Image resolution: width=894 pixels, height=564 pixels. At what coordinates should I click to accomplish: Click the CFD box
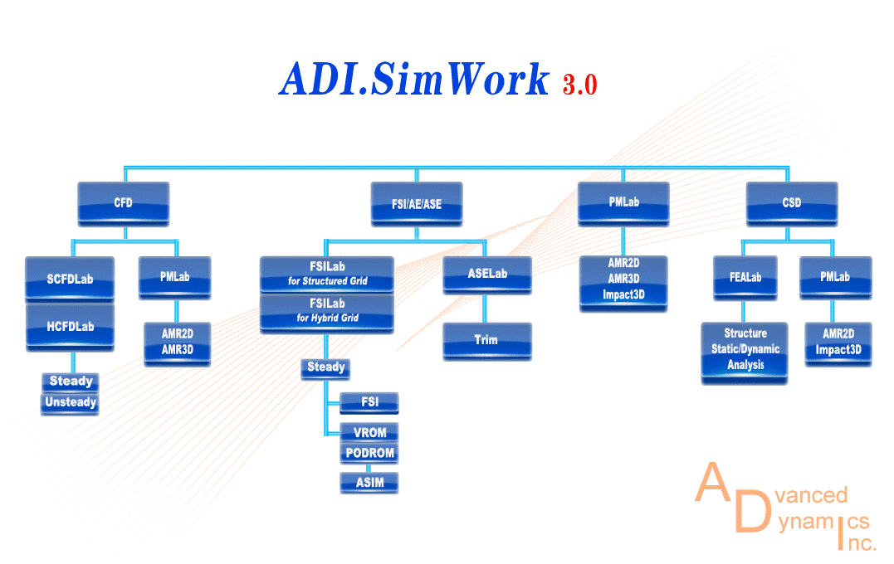[x=123, y=203]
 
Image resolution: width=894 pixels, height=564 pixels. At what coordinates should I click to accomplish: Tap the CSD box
[x=791, y=203]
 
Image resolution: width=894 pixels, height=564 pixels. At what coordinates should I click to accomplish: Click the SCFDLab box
[x=71, y=279]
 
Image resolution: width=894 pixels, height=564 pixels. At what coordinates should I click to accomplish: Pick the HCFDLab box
[x=71, y=326]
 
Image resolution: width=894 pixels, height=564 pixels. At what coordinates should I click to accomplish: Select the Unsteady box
[x=71, y=403]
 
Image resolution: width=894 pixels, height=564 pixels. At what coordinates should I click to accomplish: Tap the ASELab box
[x=486, y=275]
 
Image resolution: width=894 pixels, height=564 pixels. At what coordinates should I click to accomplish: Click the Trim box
[x=486, y=341]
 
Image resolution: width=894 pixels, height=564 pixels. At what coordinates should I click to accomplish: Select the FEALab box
[x=745, y=278]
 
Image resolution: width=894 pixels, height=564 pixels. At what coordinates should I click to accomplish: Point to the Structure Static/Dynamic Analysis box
[x=745, y=350]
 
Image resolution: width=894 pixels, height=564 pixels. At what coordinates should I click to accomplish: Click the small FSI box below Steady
[x=369, y=402]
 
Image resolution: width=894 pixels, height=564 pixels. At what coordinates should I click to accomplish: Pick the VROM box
[x=369, y=432]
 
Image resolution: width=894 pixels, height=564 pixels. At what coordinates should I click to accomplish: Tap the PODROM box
[x=369, y=453]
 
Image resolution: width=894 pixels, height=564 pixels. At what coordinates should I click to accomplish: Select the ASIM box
[x=369, y=482]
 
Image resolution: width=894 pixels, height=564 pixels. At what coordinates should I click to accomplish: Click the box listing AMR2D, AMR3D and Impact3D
[x=623, y=279]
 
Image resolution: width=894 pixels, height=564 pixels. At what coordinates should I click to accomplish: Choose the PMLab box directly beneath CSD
[x=835, y=278]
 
